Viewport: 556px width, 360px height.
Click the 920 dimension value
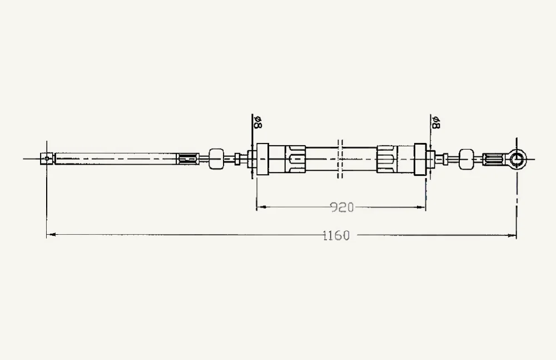(342, 207)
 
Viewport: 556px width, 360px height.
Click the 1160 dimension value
(336, 235)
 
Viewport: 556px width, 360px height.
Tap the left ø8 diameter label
(258, 122)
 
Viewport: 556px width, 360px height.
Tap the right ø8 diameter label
(436, 122)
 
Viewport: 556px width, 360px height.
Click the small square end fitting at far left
(47, 159)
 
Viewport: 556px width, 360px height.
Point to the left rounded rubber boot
(216, 159)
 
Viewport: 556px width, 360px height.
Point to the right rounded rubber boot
(466, 159)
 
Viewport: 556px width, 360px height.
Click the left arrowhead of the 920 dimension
(261, 207)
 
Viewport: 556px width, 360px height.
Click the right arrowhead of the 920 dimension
(421, 207)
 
